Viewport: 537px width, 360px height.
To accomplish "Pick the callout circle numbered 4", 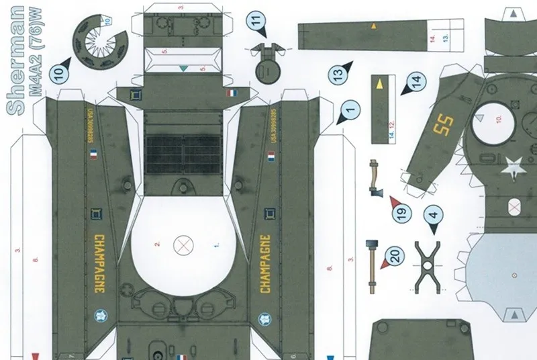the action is pos(434,216).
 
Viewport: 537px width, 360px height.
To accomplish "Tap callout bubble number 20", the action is pos(395,255).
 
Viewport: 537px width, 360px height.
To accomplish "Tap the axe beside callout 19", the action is pos(374,178).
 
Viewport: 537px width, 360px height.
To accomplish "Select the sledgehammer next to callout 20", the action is pos(370,265).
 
